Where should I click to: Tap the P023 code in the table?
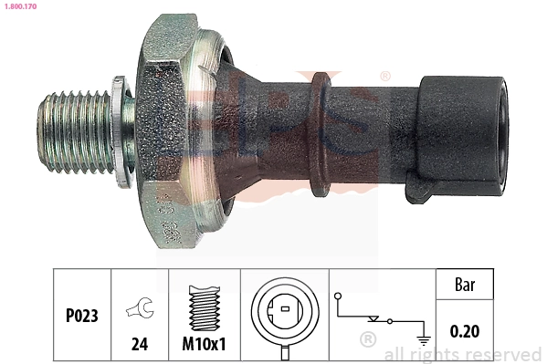[x=81, y=316]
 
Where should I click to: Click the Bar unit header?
[x=465, y=285]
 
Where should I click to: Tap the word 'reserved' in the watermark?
[x=503, y=354]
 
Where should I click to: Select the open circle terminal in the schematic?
[x=339, y=296]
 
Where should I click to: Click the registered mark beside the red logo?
[x=384, y=76]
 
